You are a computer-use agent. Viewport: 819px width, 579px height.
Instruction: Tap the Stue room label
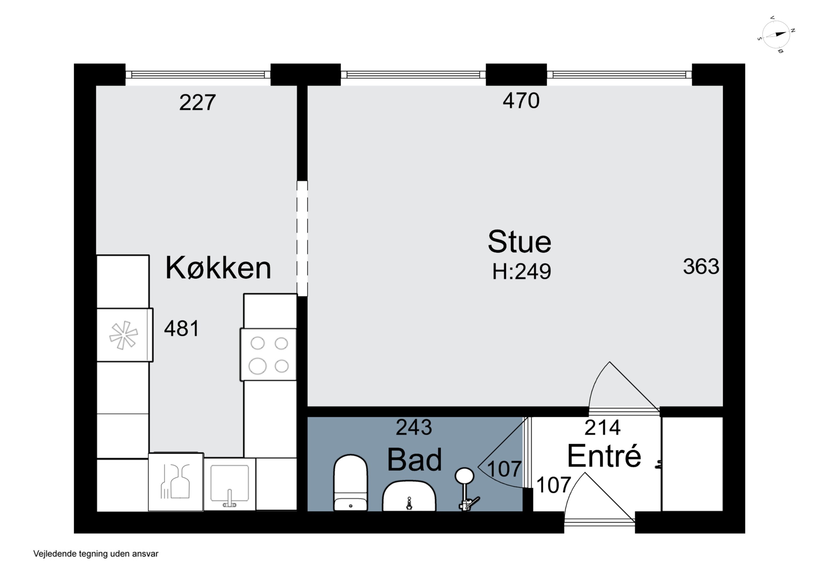pos(519,242)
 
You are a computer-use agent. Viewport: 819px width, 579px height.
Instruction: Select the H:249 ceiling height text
pos(521,272)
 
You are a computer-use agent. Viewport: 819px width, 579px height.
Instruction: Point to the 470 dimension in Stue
pos(521,101)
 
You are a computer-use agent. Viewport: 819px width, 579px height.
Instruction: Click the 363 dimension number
pos(701,266)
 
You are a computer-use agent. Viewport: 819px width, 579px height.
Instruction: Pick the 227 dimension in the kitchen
pos(197,103)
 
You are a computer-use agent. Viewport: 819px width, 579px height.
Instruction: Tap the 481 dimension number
pos(181,329)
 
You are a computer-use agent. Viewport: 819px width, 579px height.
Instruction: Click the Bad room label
pos(414,460)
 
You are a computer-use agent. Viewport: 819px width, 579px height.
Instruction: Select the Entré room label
pos(604,456)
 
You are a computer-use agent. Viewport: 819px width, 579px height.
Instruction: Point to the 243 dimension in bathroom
pos(414,427)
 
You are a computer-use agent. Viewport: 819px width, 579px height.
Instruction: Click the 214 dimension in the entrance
pos(602,427)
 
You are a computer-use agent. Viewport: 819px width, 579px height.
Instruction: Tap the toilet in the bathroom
pos(350,482)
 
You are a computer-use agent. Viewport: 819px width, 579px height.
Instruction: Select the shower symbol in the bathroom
pos(466,489)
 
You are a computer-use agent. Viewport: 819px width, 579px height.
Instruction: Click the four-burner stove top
pos(269,355)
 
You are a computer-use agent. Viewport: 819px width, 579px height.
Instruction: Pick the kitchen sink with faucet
pos(229,485)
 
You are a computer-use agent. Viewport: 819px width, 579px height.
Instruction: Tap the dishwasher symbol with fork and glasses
pos(176,482)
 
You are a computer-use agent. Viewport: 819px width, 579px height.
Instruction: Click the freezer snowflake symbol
pos(123,335)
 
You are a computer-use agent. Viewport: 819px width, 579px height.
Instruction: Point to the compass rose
pos(776,35)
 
